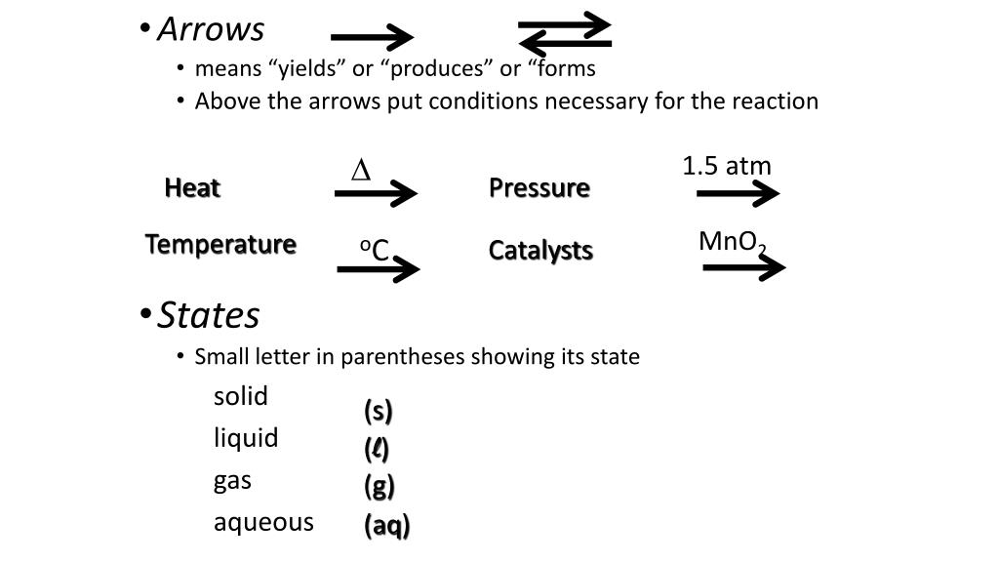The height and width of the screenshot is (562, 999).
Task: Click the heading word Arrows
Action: tap(211, 29)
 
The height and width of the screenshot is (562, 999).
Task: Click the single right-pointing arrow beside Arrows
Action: tap(372, 39)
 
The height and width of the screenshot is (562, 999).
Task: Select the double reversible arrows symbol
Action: tap(565, 34)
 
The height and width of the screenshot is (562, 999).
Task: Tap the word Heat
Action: tap(192, 187)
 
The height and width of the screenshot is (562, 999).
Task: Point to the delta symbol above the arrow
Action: tap(361, 171)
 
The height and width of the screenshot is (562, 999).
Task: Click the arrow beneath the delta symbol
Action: tap(376, 194)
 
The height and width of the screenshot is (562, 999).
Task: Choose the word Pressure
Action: tap(539, 187)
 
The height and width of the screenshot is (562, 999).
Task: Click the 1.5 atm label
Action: tap(727, 166)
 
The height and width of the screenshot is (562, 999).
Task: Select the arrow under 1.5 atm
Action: tap(738, 194)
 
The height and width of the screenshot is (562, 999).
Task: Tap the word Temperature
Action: tap(220, 244)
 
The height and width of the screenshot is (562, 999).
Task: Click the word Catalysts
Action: tap(540, 251)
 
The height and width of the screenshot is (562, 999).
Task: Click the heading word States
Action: tap(209, 315)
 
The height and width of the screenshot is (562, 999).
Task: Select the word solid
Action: tap(241, 396)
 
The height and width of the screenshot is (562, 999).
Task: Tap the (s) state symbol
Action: tap(379, 412)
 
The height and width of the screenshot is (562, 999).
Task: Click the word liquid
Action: tap(246, 438)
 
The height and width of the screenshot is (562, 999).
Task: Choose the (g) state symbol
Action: tap(380, 486)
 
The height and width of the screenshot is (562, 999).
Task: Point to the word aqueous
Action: tap(263, 522)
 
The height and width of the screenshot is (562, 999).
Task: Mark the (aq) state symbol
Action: tap(387, 526)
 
